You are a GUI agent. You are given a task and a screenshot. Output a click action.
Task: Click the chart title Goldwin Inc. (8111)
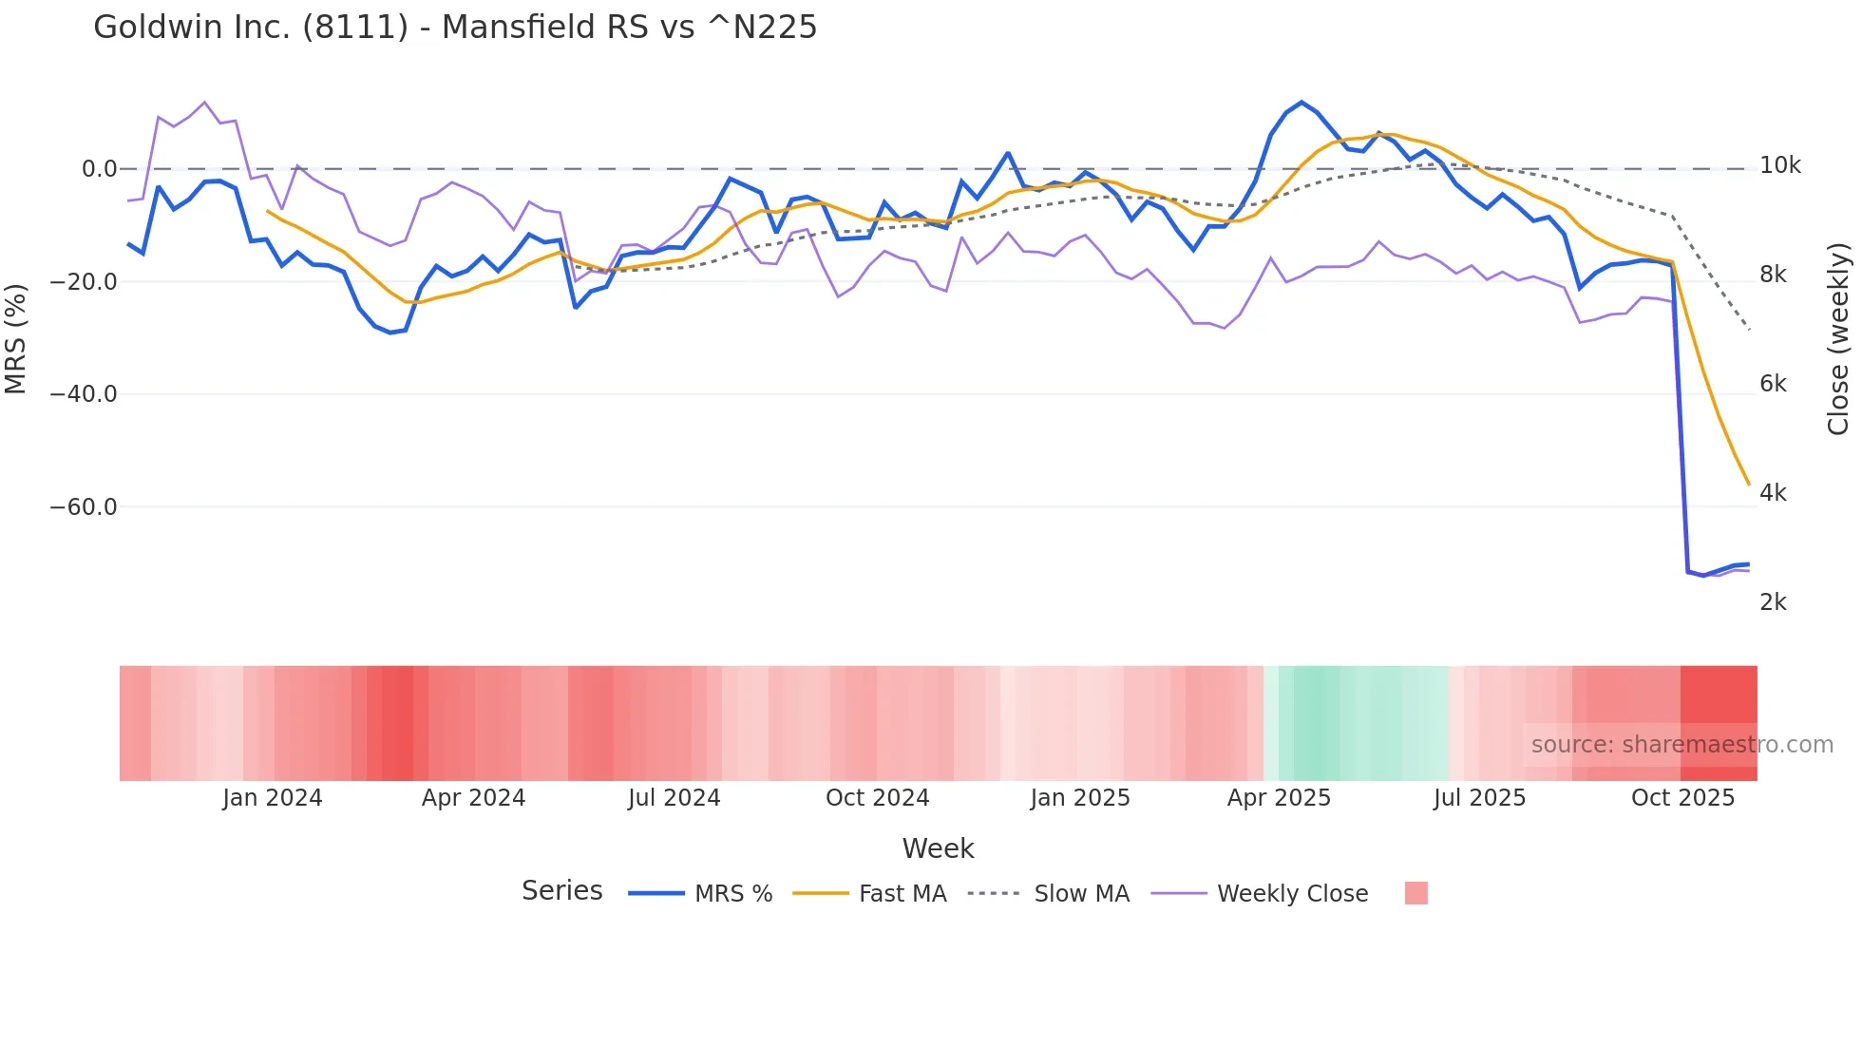point(455,28)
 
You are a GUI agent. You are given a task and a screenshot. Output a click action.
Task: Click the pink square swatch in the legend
point(1415,893)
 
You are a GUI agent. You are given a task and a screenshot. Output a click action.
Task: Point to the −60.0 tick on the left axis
point(84,507)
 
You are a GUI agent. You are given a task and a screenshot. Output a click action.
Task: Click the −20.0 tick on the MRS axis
point(84,282)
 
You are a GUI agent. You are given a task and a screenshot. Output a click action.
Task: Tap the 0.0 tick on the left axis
point(99,170)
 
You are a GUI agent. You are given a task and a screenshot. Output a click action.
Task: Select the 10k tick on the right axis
point(1779,166)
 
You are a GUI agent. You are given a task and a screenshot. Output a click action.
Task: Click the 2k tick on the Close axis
point(1773,602)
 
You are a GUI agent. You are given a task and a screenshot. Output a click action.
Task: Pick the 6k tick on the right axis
point(1773,384)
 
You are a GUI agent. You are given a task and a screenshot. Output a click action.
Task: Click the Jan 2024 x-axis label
point(273,798)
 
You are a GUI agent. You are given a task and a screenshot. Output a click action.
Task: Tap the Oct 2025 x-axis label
point(1682,798)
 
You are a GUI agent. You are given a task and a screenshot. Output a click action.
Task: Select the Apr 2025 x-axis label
point(1279,798)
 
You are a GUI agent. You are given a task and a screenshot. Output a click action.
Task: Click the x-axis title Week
point(938,848)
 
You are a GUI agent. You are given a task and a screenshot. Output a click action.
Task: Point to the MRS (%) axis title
point(16,338)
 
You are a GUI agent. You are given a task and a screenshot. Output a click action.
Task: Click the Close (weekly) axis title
point(1838,338)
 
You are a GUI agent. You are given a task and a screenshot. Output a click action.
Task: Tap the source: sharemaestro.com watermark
point(1681,745)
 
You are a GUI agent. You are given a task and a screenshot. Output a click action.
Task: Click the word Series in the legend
point(561,891)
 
